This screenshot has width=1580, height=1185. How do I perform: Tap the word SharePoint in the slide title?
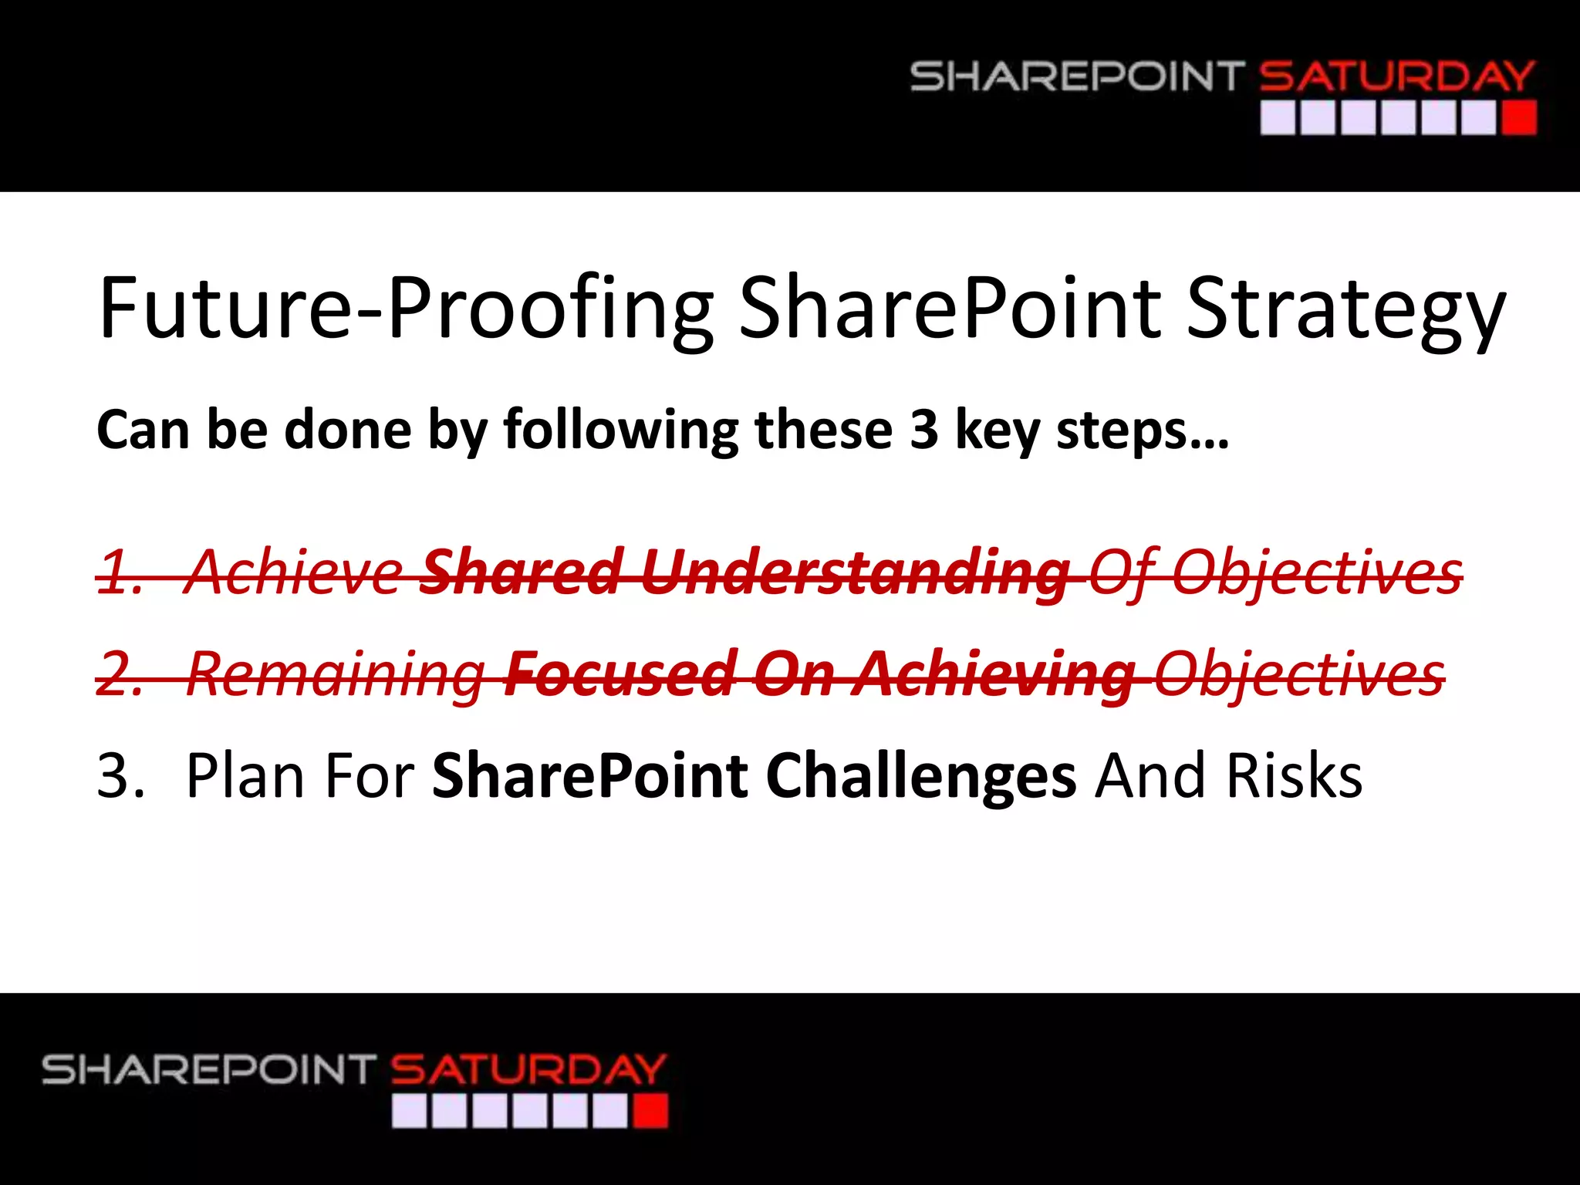950,309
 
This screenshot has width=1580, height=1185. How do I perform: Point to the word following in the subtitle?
621,430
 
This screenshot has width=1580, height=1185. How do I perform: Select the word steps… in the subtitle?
1142,430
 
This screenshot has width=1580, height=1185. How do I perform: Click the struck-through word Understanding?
855,572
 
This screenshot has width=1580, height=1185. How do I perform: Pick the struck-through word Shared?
522,572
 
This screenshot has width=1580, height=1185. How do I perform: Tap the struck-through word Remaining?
336,674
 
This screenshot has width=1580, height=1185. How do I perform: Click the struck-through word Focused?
620,674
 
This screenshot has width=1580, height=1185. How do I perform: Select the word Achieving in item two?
994,674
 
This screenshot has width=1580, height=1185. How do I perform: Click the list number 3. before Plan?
120,775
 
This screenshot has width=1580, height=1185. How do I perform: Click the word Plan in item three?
247,775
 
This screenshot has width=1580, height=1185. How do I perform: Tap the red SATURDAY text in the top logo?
1396,77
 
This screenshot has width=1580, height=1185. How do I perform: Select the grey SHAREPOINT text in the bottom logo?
208,1070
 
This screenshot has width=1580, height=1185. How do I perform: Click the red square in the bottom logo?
650,1112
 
